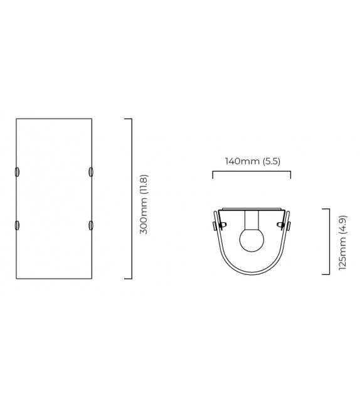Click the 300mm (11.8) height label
pos(144,205)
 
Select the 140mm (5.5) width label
pos(252,161)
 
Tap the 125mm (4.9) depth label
pos(342,242)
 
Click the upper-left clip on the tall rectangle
pos(17,172)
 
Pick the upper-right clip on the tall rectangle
pos(91,172)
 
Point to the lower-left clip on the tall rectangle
pos(17,225)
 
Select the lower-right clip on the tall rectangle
pos(91,225)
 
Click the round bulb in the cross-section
pos(251,240)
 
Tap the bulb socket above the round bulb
pos(251,220)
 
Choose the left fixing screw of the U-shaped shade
pos(216,225)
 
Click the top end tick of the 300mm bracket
pos(128,119)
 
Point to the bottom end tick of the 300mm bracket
pos(128,278)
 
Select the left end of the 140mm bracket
pos(213,175)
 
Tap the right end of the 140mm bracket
pos(290,175)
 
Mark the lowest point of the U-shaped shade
pos(251,273)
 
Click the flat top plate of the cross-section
pos(251,209)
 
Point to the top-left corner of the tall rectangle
pos(16,119)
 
